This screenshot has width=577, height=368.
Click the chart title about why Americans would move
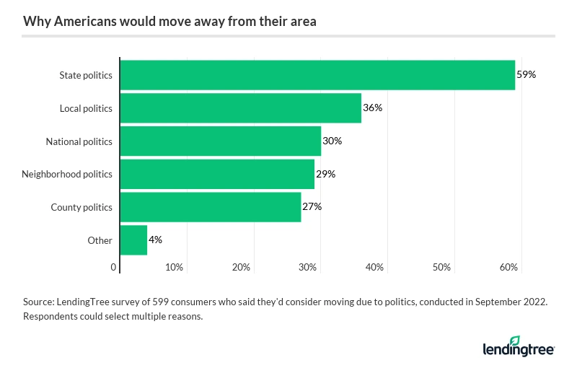[169, 22]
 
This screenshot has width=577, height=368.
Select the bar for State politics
[317, 75]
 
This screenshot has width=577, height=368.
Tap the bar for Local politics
[240, 108]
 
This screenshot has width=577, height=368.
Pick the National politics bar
[220, 141]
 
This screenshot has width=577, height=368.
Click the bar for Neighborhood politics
[217, 174]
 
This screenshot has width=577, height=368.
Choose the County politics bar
[210, 207]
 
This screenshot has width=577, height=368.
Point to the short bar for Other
[133, 240]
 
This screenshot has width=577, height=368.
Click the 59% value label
[527, 75]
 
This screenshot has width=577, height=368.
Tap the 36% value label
[372, 108]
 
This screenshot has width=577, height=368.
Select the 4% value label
[155, 240]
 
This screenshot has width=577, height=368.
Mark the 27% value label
[312, 207]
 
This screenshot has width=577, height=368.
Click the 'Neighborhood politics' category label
[67, 174]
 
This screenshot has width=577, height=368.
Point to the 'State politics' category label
[85, 75]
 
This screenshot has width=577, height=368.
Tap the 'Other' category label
[100, 240]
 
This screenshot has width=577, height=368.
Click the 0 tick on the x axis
[114, 268]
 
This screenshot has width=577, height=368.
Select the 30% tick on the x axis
[308, 268]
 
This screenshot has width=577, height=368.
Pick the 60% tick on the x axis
[508, 268]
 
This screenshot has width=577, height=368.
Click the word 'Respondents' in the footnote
[51, 317]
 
